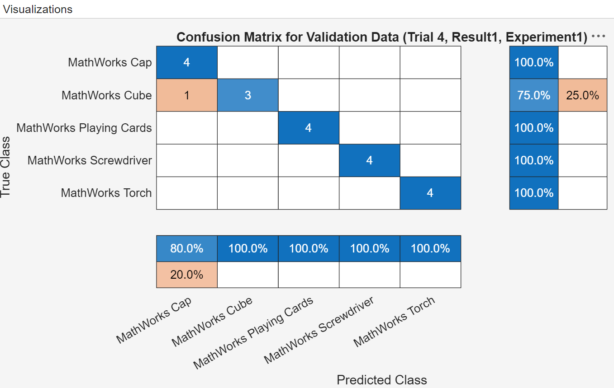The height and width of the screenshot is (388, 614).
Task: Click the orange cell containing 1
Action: click(187, 95)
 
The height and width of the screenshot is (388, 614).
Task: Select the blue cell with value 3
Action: click(248, 95)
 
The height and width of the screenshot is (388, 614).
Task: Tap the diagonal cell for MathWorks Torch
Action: click(430, 193)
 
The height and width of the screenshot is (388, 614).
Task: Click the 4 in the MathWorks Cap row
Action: click(187, 62)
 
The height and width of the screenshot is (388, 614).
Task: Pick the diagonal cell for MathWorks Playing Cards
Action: click(308, 128)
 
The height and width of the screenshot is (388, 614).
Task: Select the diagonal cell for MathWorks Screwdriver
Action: click(369, 160)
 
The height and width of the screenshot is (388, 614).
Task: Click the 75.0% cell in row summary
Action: click(534, 95)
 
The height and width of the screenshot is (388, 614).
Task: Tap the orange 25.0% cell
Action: click(582, 95)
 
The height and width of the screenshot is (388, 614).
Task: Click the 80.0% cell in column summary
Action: click(187, 248)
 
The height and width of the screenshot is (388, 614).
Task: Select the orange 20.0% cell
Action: click(187, 274)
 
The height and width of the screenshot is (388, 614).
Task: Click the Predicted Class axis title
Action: click(381, 380)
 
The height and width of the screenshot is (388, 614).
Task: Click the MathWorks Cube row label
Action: click(107, 95)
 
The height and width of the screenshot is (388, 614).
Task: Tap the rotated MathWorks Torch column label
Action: click(394, 322)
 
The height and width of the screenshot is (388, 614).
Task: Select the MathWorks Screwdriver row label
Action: click(90, 160)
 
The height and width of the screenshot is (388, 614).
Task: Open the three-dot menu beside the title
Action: click(598, 37)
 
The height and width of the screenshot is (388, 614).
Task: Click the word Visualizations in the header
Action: click(38, 9)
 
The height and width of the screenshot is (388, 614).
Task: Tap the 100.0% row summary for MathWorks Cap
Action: click(534, 62)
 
